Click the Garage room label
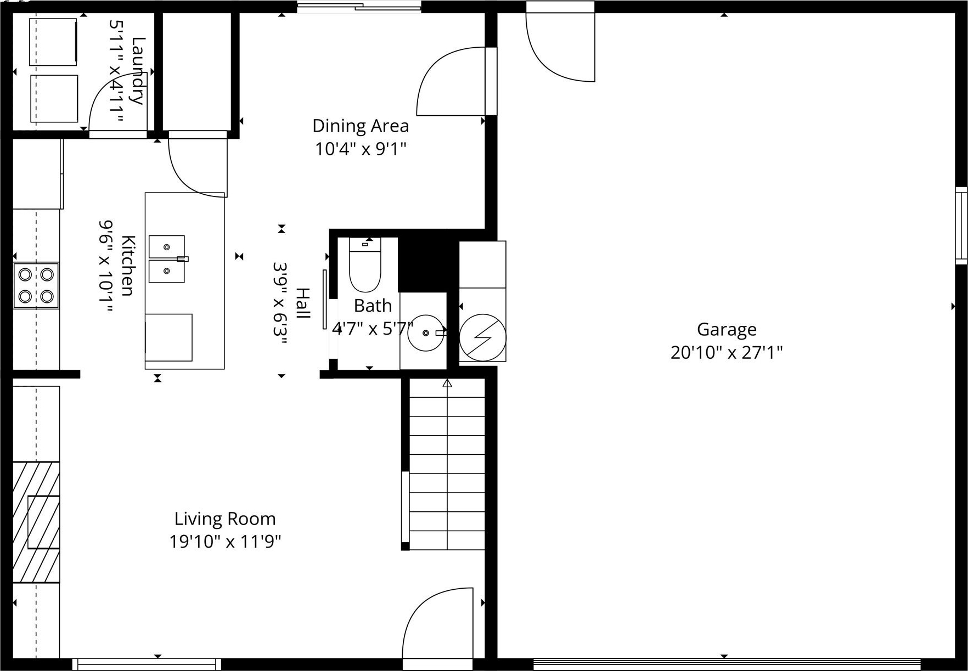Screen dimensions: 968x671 pos(727,329)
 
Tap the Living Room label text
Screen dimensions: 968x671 pos(225,518)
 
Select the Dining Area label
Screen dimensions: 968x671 pos(361,126)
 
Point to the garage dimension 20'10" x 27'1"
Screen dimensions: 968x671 pos(727,352)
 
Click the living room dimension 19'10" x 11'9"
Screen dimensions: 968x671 pos(225,542)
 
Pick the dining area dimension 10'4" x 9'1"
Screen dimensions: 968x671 pos(361,149)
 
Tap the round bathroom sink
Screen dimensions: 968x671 pos(426,333)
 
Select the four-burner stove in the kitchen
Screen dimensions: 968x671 pos(36,285)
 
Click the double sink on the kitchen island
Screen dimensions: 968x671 pos(167,259)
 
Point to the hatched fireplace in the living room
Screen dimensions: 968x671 pos(36,522)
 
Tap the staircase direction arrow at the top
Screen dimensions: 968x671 pos(447,383)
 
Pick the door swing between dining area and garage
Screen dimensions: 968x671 pos(451,81)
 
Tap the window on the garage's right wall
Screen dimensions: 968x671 pos(961,225)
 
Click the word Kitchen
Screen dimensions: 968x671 pos(127,266)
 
